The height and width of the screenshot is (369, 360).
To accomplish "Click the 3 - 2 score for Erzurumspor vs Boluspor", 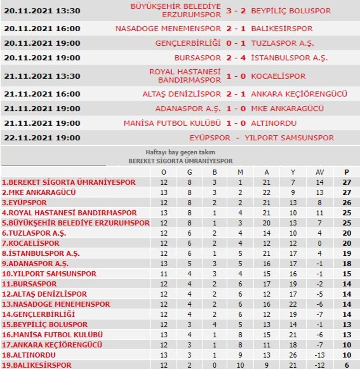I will tap(236, 11).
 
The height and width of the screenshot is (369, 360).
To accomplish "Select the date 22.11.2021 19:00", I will tap(42, 138).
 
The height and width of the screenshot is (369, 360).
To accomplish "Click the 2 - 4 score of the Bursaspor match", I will tap(236, 58).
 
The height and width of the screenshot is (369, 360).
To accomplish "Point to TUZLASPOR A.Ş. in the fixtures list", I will tap(282, 43).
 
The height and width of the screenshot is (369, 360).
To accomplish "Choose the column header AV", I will tap(320, 172).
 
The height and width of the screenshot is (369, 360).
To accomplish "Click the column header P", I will tap(347, 172).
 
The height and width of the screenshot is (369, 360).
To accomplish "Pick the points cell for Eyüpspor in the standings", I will tap(347, 203).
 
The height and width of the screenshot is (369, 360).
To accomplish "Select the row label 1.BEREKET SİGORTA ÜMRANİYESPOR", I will tap(69, 183).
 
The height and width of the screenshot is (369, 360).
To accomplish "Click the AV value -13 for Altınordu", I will tap(320, 355).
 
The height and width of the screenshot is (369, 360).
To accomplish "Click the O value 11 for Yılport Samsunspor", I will tap(164, 274).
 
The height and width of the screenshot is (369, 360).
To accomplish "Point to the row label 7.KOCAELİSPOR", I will tap(31, 243).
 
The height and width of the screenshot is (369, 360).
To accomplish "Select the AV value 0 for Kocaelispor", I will tap(320, 243).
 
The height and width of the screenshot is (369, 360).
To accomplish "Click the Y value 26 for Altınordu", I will tap(292, 355).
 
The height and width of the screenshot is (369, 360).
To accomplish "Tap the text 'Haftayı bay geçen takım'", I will tap(180, 153).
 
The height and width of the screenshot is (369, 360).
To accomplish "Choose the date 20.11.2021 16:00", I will tap(42, 28).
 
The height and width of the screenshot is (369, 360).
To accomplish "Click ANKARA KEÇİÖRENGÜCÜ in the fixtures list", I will tap(299, 94).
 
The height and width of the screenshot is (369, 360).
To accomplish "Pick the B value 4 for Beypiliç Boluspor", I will tap(214, 325).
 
